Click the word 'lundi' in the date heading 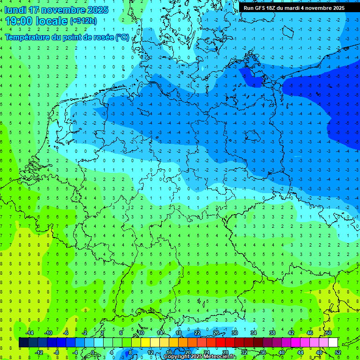(15, 10)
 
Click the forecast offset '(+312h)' (83, 21)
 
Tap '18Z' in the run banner (276, 8)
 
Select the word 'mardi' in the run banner (300, 8)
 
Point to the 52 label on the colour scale (337, 352)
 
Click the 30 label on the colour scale (234, 333)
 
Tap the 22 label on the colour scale (197, 333)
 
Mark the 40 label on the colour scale (281, 352)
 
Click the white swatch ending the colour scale (333, 343)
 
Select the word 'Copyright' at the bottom (177, 357)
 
